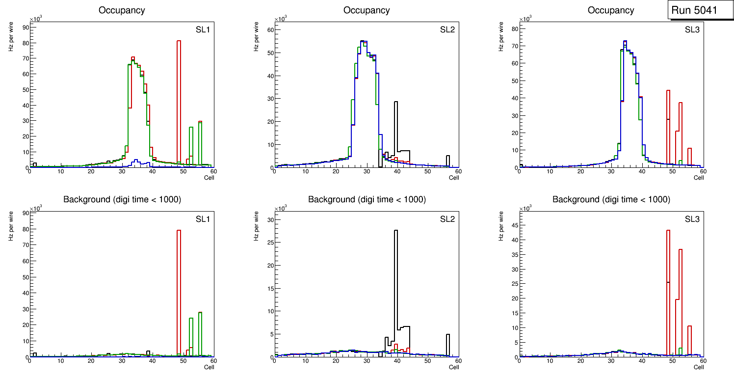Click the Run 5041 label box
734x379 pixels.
point(700,10)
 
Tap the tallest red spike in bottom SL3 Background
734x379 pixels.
point(668,290)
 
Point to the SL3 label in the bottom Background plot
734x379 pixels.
point(691,218)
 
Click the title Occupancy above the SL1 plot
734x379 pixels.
point(121,10)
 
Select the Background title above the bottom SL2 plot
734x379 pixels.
point(367,199)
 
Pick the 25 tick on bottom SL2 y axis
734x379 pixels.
point(269,243)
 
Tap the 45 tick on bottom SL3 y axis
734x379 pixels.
point(513,225)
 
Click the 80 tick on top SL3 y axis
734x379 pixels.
point(513,28)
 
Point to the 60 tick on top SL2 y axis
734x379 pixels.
point(269,30)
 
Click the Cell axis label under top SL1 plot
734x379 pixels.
point(209,178)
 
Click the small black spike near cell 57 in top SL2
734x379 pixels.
point(448,161)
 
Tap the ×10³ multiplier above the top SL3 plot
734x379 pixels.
point(525,19)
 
